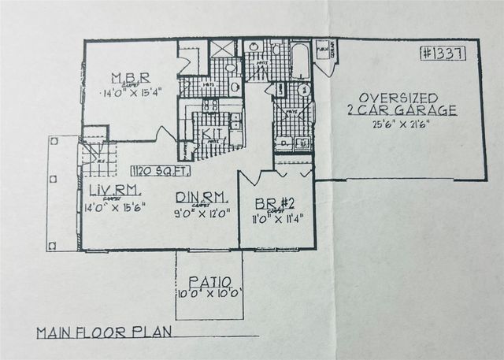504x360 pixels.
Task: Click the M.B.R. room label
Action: [131, 78]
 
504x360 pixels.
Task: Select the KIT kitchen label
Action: [209, 133]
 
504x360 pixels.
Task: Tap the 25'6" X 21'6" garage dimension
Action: [402, 124]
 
